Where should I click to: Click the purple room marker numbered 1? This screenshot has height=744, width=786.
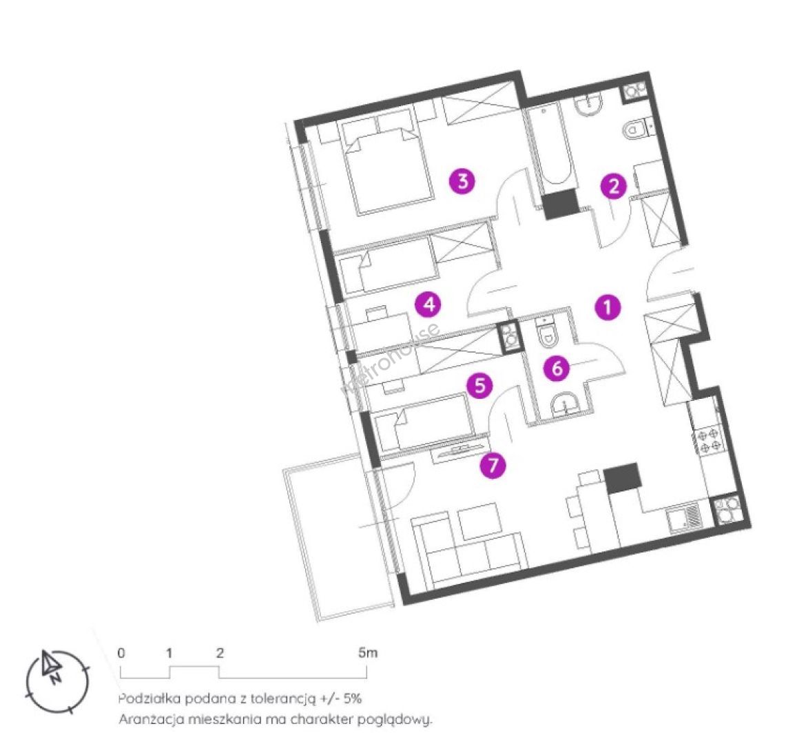coord(608,307)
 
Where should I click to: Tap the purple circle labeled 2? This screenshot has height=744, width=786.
coord(614,186)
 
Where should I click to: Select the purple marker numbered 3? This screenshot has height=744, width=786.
coord(463,180)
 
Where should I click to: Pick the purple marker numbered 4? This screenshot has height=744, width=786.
coord(428,304)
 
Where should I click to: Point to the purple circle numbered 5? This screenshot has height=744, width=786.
coord(479,386)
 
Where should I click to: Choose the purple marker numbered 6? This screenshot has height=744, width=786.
coord(557,369)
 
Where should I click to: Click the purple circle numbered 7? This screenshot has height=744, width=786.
coord(493,465)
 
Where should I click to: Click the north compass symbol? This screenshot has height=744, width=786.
coord(57,681)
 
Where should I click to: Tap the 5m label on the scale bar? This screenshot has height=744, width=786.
coord(368,653)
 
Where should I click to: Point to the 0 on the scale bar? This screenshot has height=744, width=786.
coord(121,653)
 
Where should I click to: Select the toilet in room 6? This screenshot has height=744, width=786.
coord(546,331)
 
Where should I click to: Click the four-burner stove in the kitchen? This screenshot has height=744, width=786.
coord(708,439)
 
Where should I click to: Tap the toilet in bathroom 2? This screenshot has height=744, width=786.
coord(637,130)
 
